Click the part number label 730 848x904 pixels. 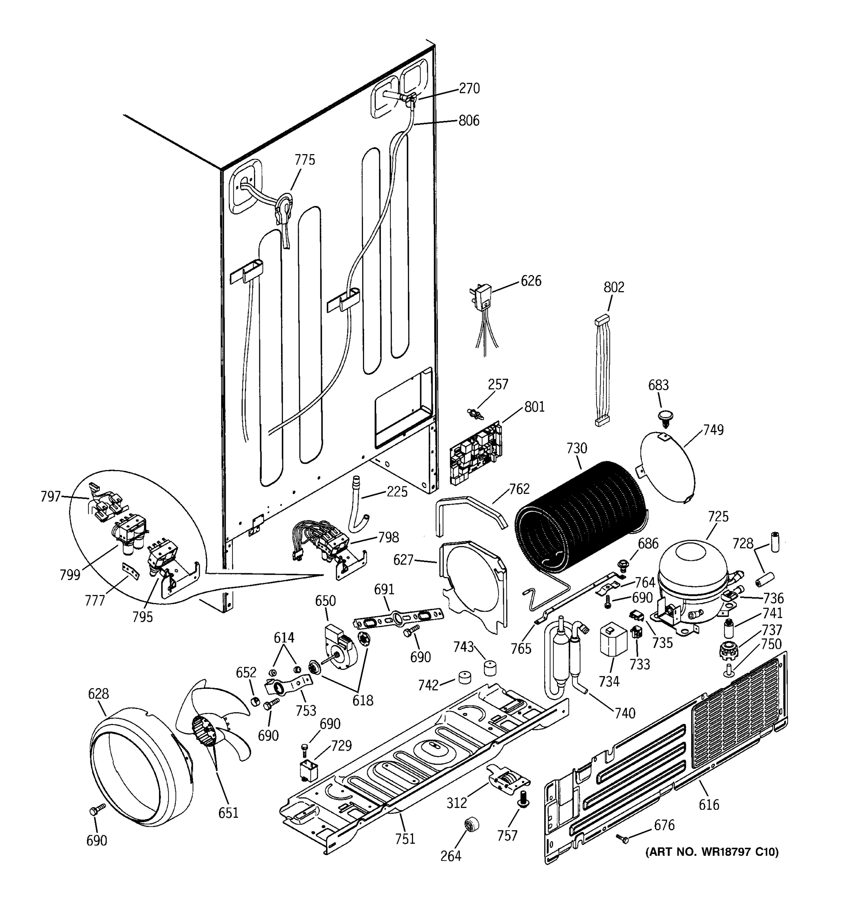[x=576, y=448]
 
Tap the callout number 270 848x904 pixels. [x=469, y=88]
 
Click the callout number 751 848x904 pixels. [x=405, y=838]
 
